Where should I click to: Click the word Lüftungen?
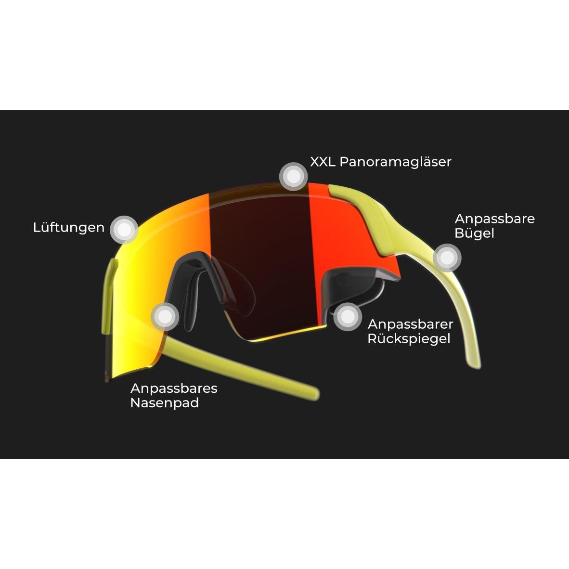(x=68, y=228)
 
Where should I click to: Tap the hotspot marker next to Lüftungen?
(x=125, y=230)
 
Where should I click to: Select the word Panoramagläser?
(x=395, y=162)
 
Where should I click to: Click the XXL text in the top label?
(x=323, y=162)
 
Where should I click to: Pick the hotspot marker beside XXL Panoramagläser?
(x=293, y=176)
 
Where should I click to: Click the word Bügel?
(x=474, y=233)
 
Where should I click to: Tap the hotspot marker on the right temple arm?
(x=447, y=258)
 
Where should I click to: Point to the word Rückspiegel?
(x=409, y=339)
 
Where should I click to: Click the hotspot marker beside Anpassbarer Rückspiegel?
(x=348, y=317)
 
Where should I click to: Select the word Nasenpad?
(x=164, y=403)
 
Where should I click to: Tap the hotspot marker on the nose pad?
(x=165, y=316)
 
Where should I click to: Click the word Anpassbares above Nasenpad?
(x=174, y=388)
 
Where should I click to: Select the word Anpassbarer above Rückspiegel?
(x=411, y=324)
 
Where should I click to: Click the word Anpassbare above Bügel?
(x=494, y=219)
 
